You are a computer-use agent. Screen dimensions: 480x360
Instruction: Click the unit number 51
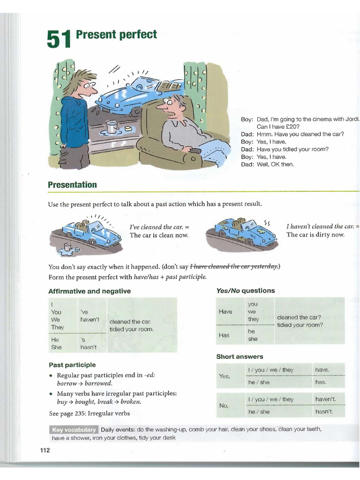(59, 39)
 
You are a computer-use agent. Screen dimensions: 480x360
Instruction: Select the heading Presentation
(72, 185)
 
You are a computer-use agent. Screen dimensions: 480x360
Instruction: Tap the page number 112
(45, 450)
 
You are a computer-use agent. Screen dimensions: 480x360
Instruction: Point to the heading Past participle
(72, 365)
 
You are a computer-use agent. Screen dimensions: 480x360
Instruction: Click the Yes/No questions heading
(245, 291)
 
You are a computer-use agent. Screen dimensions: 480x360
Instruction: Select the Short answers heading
(240, 357)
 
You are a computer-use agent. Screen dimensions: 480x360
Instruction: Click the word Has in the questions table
(224, 335)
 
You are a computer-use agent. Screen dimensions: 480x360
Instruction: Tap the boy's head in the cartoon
(83, 83)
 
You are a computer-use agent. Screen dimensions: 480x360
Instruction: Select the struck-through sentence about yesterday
(234, 267)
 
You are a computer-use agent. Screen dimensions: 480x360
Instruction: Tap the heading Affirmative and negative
(90, 291)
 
